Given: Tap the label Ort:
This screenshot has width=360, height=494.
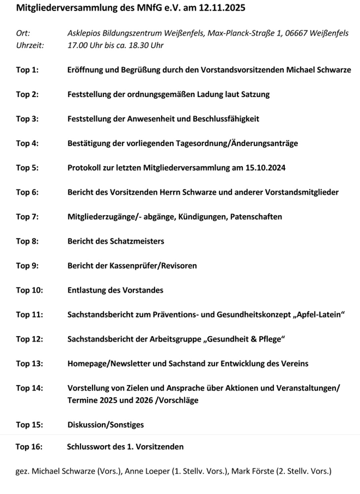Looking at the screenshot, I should (23, 34).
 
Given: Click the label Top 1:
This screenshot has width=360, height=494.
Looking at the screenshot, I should (27, 70).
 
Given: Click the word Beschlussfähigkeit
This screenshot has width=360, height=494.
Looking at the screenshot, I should (226, 119).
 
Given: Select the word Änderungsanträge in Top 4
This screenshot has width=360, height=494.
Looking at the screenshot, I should (264, 143).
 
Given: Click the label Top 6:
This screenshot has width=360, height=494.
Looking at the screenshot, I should (27, 192).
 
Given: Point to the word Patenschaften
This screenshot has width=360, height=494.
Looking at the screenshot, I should (256, 217).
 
